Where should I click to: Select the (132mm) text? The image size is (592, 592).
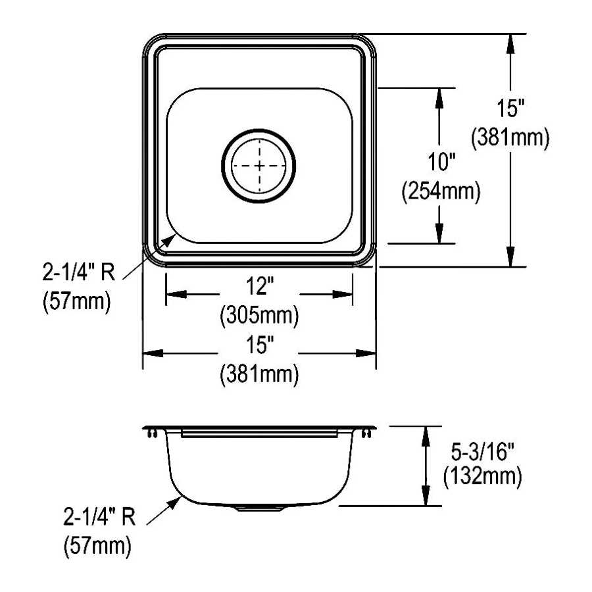(x=483, y=476)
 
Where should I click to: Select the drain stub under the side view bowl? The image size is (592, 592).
(x=259, y=508)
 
